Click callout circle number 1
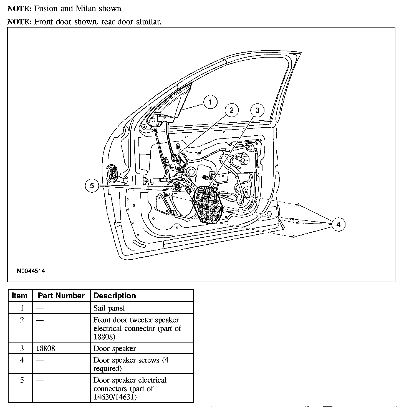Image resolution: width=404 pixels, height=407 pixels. (x=210, y=102)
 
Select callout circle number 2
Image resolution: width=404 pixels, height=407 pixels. (x=231, y=110)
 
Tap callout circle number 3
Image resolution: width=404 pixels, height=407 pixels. (x=257, y=110)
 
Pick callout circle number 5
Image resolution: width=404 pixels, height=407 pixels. (x=92, y=185)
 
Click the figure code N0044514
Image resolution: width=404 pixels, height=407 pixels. (x=31, y=271)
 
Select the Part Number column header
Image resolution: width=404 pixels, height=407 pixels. (x=61, y=296)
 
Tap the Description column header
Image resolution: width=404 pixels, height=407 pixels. (x=115, y=296)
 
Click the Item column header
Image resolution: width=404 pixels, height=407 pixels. (x=20, y=296)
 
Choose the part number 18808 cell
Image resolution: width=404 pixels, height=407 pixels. (x=46, y=348)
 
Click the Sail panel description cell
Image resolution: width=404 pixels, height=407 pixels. (x=109, y=308)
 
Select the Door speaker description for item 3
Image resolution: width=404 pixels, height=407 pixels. (x=115, y=348)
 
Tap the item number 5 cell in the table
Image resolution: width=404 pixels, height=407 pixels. (x=22, y=380)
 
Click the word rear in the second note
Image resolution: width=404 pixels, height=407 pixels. (x=110, y=22)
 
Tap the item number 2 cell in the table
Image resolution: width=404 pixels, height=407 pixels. (x=22, y=320)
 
